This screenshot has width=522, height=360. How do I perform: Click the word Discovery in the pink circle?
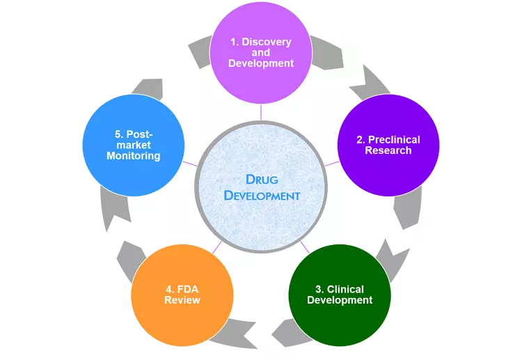(x=266, y=42)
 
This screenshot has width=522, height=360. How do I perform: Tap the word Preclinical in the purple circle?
(x=394, y=139)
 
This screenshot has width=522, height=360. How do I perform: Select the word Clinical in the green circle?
(x=345, y=289)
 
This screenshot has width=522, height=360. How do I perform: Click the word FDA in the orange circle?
(x=188, y=289)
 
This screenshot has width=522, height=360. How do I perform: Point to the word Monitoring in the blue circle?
(x=134, y=156)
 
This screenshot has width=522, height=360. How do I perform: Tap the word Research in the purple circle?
(x=388, y=150)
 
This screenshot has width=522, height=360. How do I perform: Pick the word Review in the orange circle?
(x=182, y=300)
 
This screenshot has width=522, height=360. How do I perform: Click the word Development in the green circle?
(x=340, y=300)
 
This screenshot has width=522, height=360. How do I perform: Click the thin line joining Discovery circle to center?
(x=261, y=112)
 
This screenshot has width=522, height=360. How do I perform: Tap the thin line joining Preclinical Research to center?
(x=331, y=164)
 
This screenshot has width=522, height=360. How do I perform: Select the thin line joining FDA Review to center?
(x=217, y=246)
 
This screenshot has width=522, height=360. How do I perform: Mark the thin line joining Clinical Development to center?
(x=305, y=246)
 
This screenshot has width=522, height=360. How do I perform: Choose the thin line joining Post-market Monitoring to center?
(x=190, y=164)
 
